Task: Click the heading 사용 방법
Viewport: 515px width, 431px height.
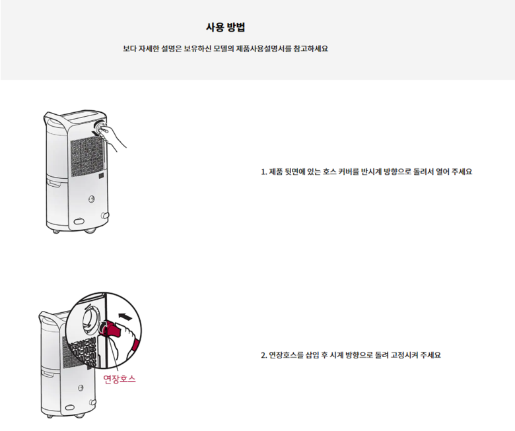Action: (225, 27)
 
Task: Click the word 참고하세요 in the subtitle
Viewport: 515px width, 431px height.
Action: (311, 49)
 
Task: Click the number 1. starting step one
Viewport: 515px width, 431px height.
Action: (264, 172)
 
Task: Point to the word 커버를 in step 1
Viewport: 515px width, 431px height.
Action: (349, 172)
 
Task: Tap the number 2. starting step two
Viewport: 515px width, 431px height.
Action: (264, 356)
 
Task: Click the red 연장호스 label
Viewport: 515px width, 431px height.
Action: (120, 379)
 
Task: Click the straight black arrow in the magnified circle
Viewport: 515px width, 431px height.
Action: (125, 316)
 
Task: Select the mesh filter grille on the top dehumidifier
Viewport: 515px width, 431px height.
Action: (88, 157)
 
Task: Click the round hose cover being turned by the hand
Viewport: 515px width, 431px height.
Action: (99, 126)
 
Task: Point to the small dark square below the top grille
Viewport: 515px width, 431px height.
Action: (102, 176)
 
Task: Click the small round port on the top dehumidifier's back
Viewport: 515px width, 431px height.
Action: (92, 199)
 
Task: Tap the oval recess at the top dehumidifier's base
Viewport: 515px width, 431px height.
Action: (79, 222)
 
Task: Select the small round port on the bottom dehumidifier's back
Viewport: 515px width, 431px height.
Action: (81, 388)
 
